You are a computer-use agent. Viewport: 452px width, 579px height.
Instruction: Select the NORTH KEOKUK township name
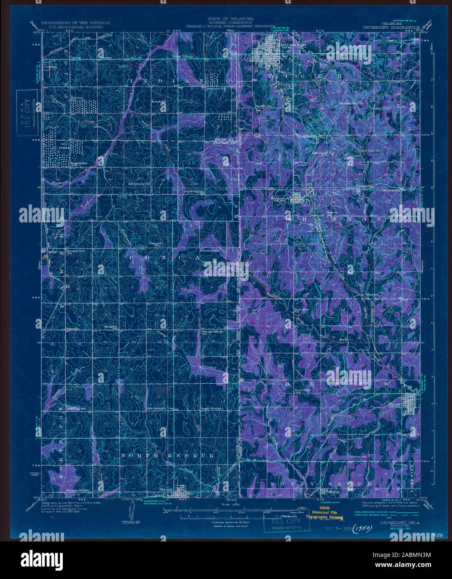pyautogui.click(x=167, y=456)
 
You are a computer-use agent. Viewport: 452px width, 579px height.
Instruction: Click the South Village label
pyautogui.click(x=194, y=192)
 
